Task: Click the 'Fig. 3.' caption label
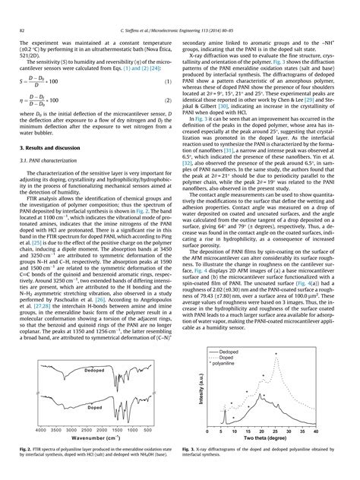[x=191, y=450]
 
